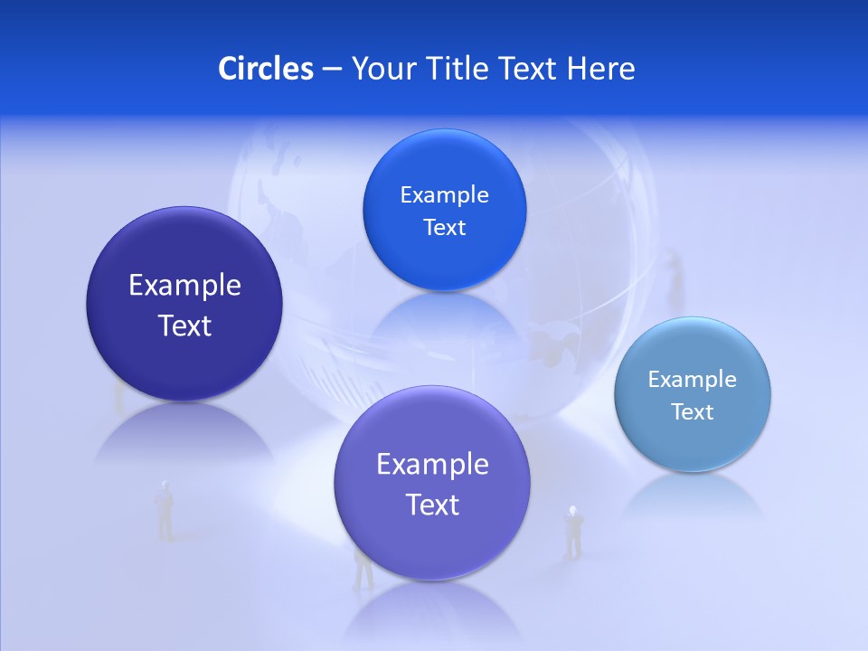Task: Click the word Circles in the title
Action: (265, 69)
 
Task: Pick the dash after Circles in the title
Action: (331, 70)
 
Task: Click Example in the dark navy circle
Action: (184, 285)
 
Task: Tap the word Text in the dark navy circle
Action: (184, 325)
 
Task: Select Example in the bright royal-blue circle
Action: (444, 194)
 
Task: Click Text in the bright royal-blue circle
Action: (444, 227)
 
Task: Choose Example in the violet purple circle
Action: (432, 464)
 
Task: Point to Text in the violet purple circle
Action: (432, 505)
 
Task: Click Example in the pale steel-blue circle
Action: (692, 379)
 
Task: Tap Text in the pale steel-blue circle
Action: (692, 412)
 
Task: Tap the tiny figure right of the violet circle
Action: (572, 531)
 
